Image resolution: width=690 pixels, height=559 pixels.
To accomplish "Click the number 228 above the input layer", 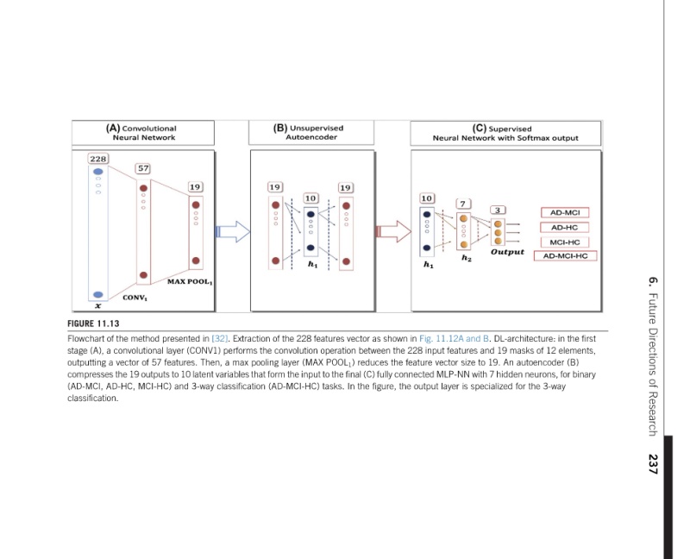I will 97,159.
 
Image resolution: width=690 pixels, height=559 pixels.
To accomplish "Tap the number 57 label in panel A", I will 143,167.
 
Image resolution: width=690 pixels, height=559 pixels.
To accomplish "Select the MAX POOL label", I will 190,281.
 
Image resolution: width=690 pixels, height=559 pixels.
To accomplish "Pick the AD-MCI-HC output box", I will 565,255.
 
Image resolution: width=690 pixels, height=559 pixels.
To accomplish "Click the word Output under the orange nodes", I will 507,252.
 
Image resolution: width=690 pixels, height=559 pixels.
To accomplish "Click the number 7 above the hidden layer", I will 463,203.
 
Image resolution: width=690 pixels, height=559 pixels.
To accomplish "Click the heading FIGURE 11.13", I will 92,324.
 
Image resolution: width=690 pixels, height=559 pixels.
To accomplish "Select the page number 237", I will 653,463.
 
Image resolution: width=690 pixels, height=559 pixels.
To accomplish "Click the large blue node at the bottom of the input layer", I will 98,294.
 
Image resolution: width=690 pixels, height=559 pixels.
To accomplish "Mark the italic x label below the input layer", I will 97,305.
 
